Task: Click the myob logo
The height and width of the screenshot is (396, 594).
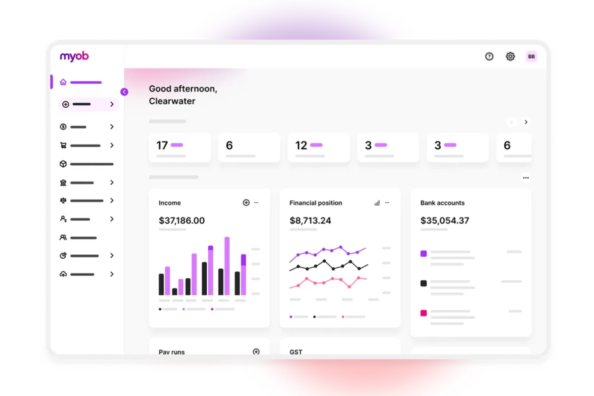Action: [74, 56]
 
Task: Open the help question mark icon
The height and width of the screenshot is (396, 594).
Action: [489, 57]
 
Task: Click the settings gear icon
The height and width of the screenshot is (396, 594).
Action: [510, 57]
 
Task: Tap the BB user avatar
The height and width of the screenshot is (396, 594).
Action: [531, 57]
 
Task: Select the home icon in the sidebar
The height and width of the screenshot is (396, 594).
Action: [63, 82]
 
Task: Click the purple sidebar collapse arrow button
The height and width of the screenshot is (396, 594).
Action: [124, 92]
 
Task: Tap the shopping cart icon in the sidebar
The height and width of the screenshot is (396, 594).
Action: [63, 145]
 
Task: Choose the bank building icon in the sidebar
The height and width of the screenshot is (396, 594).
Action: [63, 183]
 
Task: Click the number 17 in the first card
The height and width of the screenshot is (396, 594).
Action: [162, 145]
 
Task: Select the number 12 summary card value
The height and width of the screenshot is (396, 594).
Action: [301, 145]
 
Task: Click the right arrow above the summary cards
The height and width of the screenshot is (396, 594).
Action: [526, 122]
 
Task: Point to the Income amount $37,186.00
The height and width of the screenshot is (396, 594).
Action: [182, 221]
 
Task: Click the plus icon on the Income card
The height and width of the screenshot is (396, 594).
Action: [246, 203]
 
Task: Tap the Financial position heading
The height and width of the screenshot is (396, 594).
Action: [316, 203]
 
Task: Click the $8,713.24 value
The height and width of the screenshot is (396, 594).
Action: [310, 221]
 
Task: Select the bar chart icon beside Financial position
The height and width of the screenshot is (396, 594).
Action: [377, 203]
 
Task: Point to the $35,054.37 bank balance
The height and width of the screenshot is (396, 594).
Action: [445, 221]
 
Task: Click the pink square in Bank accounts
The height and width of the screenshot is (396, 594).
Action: [423, 313]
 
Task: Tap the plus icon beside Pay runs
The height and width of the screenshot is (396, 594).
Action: [256, 351]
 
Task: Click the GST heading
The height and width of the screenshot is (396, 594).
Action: [296, 352]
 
